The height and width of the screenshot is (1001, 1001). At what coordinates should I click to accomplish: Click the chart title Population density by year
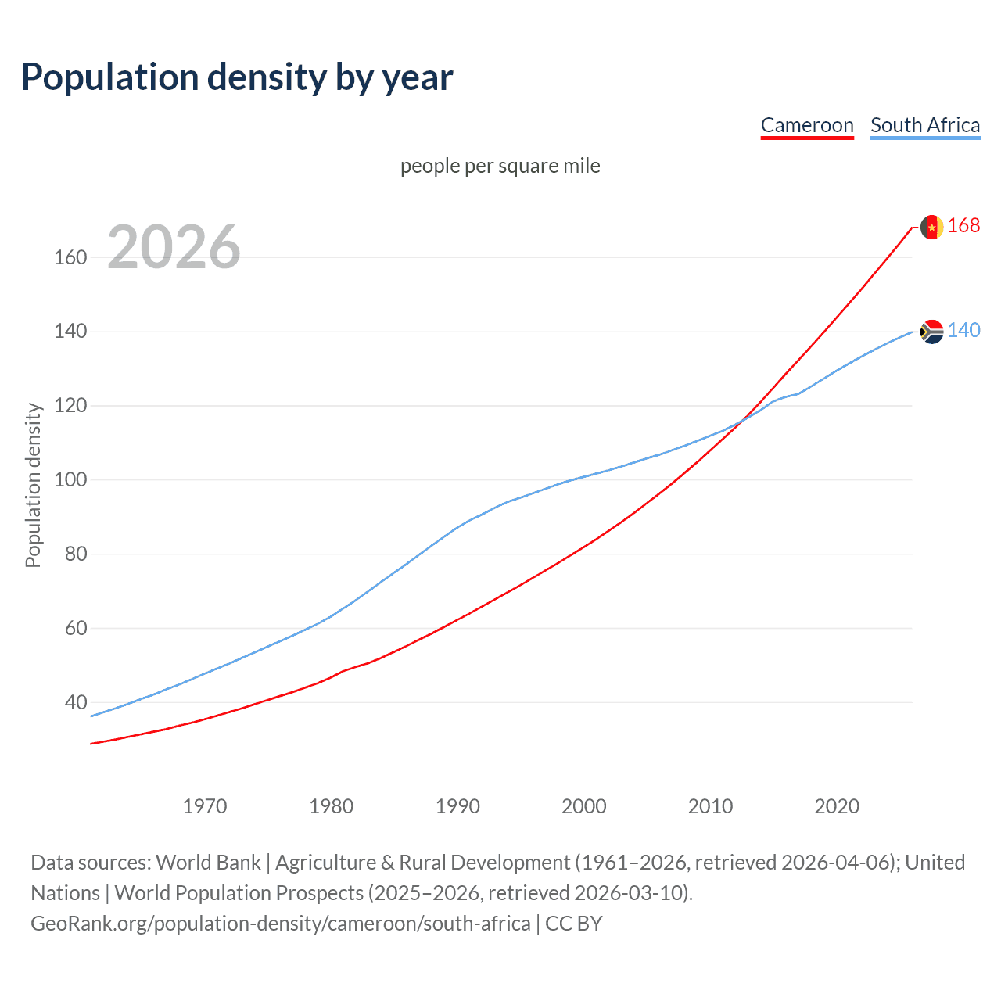pos(237,77)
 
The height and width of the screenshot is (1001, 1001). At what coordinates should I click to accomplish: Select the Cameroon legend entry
pos(807,125)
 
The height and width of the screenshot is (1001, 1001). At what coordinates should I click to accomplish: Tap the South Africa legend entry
pos(925,125)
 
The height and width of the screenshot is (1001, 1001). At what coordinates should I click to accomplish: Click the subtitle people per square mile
pos(500,166)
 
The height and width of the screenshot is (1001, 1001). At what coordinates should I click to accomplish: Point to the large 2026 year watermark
pos(174,247)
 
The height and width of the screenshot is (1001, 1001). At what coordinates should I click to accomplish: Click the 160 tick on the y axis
pos(70,257)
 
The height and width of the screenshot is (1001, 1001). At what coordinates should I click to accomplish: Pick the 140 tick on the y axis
pos(70,332)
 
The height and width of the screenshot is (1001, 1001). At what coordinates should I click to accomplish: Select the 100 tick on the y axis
pos(70,479)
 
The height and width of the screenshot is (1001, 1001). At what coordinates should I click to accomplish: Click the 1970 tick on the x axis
pos(205,806)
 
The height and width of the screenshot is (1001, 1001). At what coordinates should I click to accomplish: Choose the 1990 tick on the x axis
pos(457,806)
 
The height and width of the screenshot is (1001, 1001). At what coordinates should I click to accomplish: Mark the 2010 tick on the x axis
pos(710,806)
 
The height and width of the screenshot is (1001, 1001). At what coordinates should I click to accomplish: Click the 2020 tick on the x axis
pos(837,806)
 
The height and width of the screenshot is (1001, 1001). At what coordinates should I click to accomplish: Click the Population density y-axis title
pos(33,485)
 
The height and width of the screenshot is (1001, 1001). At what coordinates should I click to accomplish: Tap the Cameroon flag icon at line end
pos(931,227)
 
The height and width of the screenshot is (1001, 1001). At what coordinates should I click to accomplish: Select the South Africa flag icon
pos(931,332)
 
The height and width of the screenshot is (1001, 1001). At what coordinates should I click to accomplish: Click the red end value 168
pos(963,226)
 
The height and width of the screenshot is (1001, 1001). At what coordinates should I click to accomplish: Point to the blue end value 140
pos(963,331)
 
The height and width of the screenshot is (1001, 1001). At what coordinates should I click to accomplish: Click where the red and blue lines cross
pos(741,421)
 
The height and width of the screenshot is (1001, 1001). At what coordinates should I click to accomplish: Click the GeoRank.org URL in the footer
pos(281,924)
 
